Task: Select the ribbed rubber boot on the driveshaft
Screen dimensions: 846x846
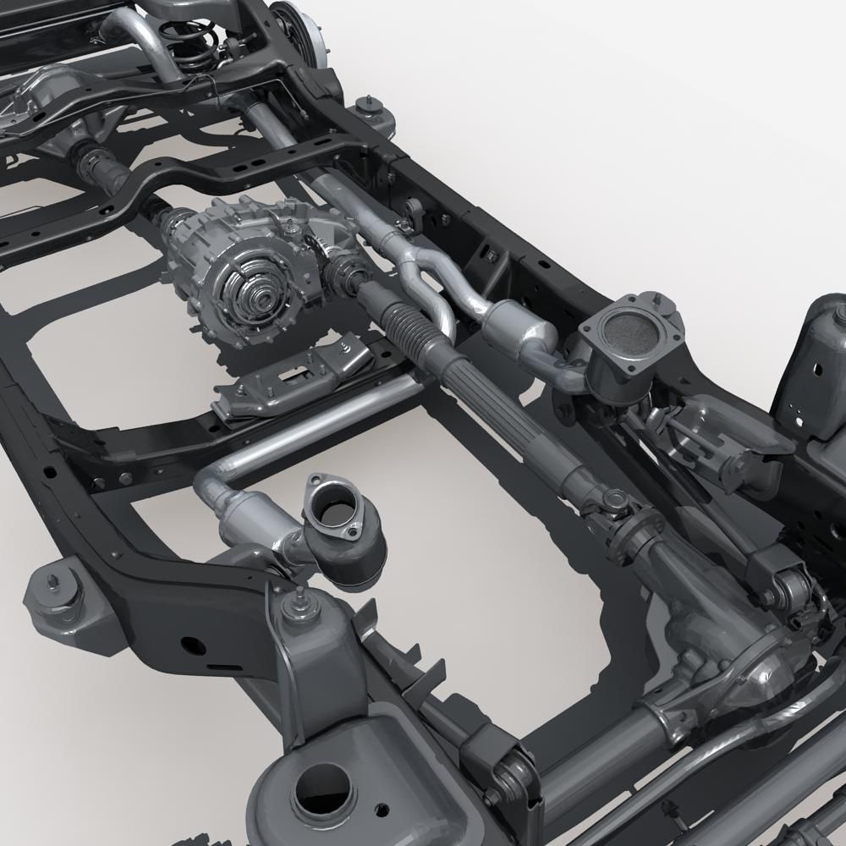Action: [x=406, y=322]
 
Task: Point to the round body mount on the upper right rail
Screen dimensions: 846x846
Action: [x=367, y=110]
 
